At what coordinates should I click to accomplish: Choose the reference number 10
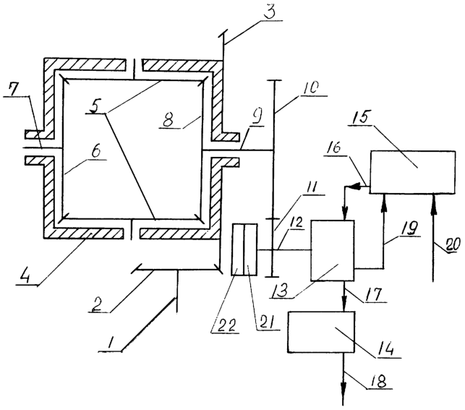click(311, 89)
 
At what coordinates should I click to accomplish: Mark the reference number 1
click(111, 343)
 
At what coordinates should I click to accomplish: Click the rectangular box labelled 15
click(412, 172)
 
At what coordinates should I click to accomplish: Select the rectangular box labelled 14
click(321, 332)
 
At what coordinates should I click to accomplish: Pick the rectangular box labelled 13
click(332, 250)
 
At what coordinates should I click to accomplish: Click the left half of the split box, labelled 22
click(238, 249)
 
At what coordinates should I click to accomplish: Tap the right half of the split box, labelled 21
click(251, 249)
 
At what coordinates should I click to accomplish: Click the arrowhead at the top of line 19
click(384, 200)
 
